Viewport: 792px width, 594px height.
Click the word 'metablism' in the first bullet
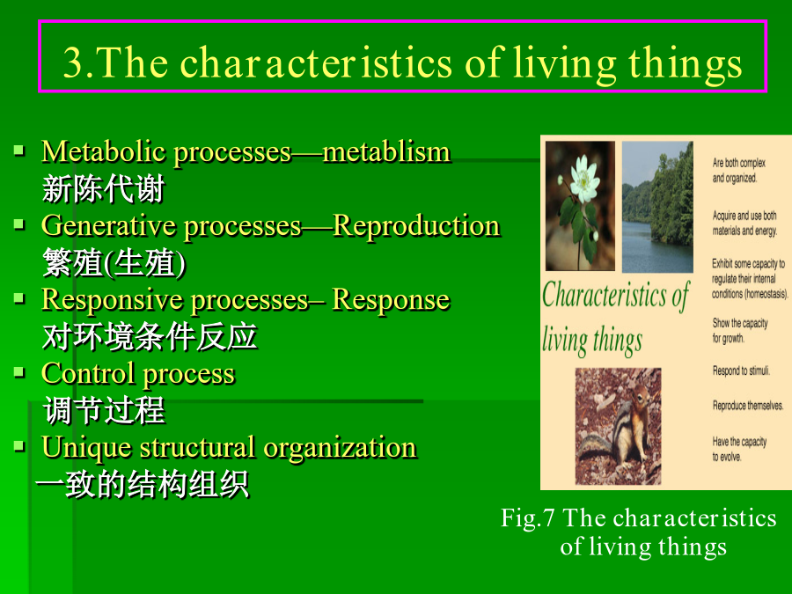tap(387, 151)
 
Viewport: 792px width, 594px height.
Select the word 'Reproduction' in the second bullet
tap(417, 225)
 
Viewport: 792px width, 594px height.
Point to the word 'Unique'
tap(86, 449)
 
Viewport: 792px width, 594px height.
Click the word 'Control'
tap(88, 373)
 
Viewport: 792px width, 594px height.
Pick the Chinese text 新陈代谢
tap(104, 189)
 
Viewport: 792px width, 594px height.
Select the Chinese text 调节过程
tap(104, 409)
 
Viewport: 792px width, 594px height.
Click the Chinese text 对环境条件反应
tap(150, 336)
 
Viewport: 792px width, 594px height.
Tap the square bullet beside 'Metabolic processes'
tap(19, 150)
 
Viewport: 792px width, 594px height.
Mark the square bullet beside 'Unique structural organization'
tap(19, 446)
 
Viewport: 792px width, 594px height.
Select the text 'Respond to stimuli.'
tap(741, 370)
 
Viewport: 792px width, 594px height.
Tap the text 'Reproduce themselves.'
tap(747, 405)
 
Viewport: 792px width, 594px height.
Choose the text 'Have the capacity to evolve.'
tap(739, 449)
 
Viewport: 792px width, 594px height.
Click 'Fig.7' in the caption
tap(527, 518)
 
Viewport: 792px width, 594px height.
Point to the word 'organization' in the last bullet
tap(340, 449)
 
